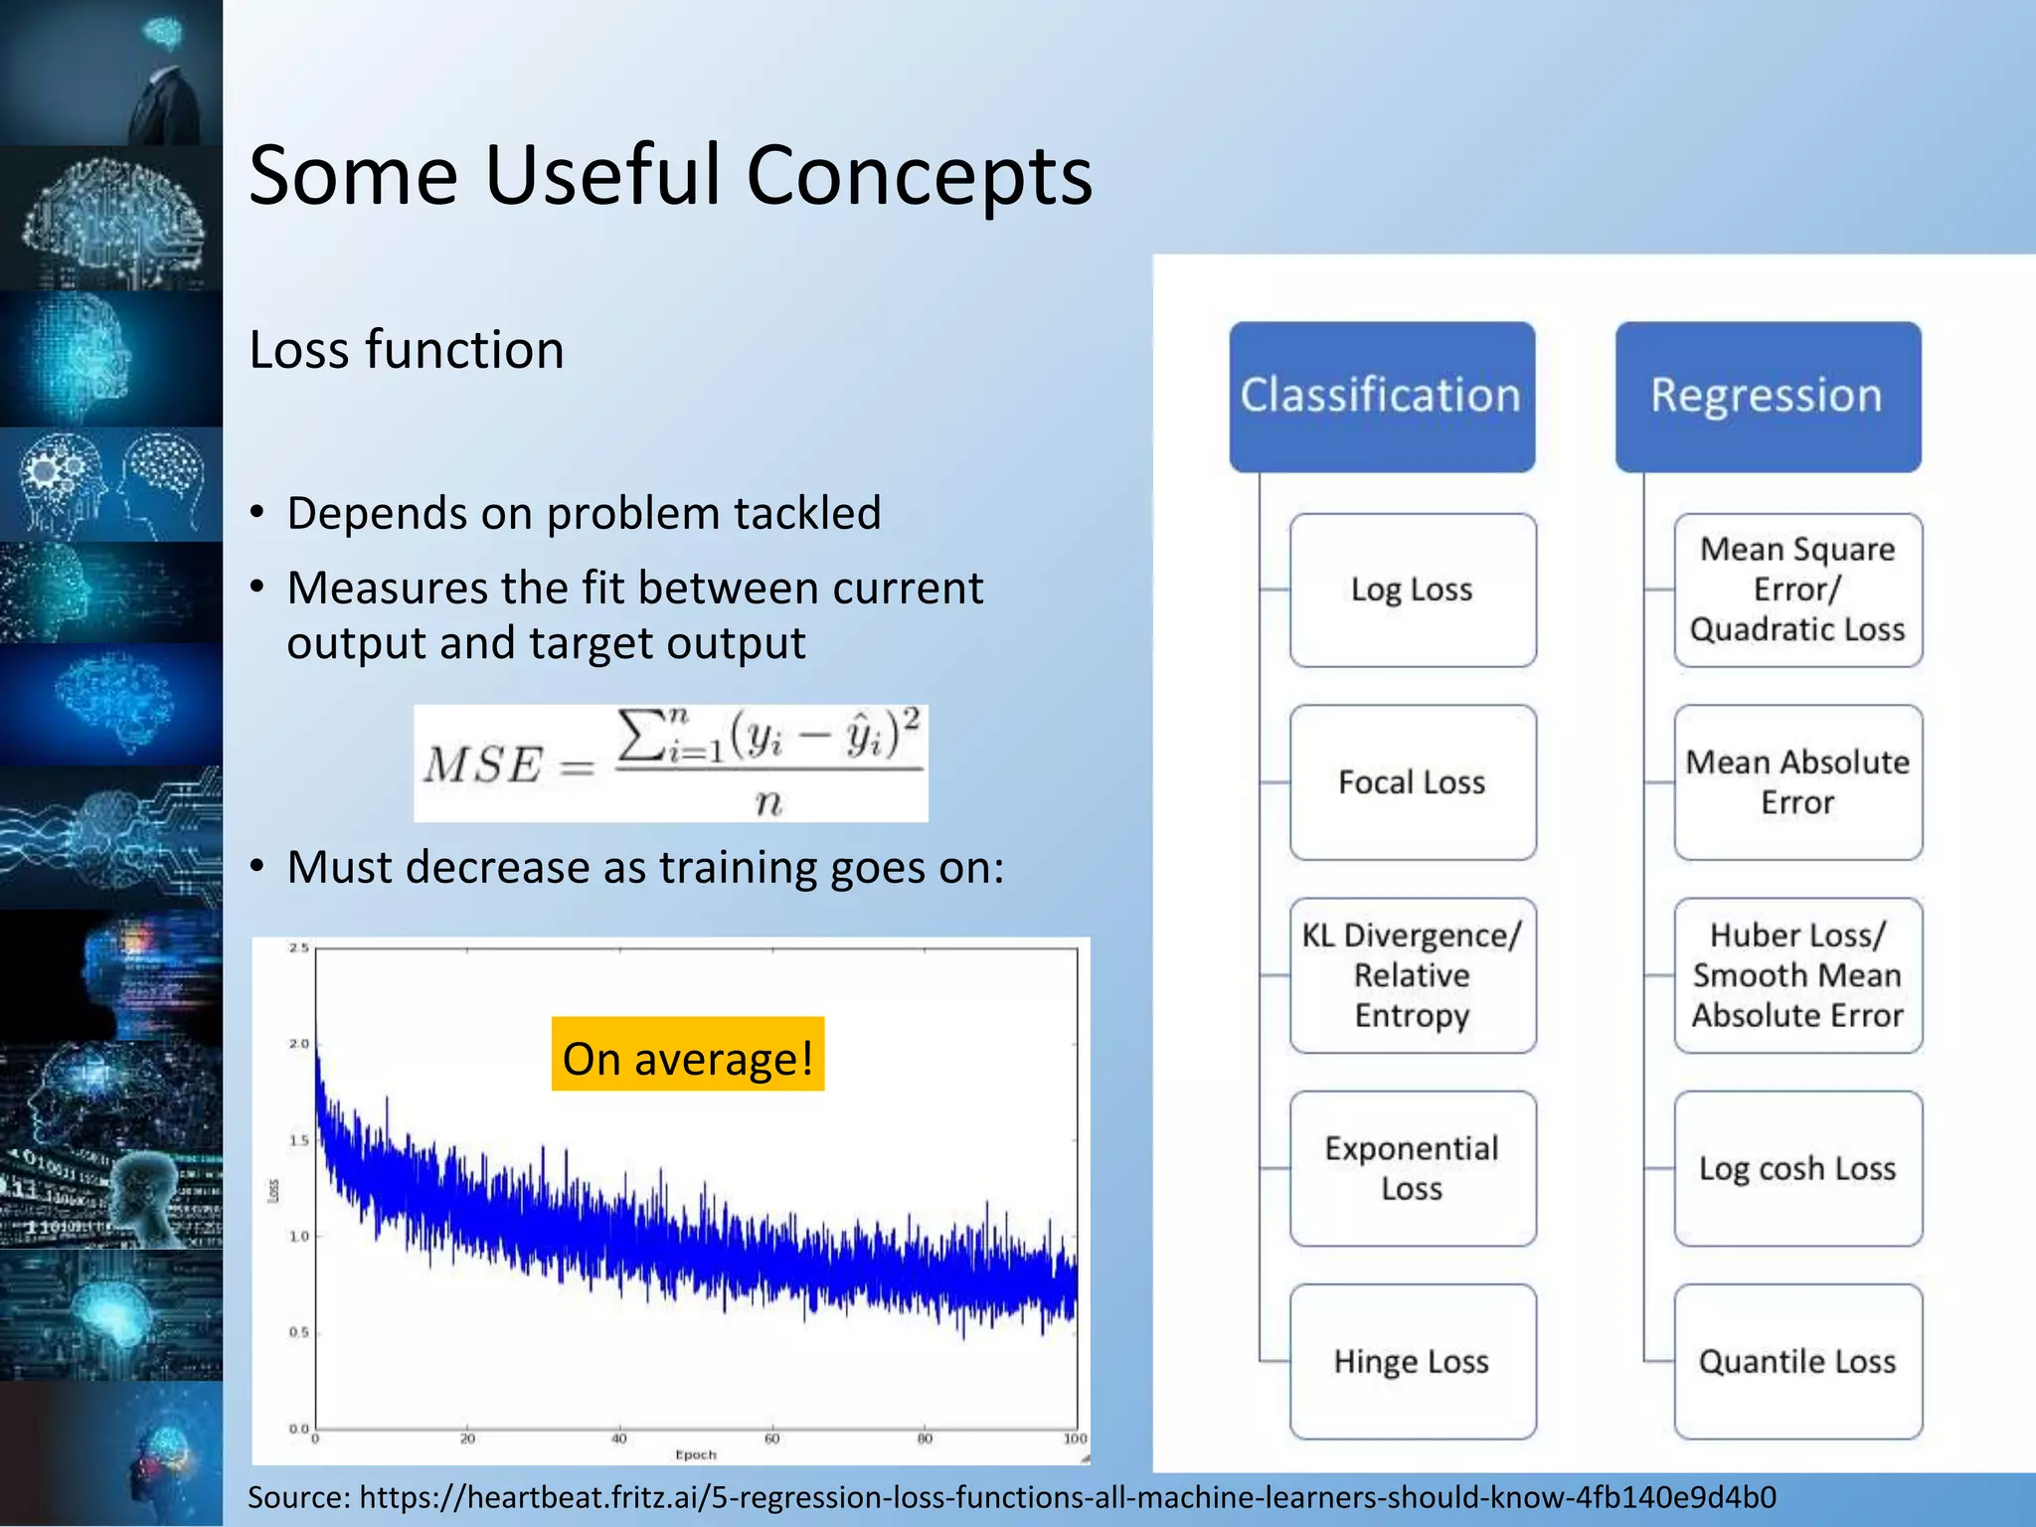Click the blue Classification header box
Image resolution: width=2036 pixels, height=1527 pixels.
[x=1381, y=396]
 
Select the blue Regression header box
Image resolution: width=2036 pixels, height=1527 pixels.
[x=1767, y=396]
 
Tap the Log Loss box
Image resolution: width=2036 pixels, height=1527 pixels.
[x=1412, y=590]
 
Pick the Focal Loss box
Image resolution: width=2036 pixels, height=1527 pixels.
[x=1412, y=782]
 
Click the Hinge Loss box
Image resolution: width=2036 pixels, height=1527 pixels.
[x=1412, y=1361]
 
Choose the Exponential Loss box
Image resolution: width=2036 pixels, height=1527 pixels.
[x=1412, y=1168]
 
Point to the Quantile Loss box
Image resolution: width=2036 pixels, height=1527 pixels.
[x=1797, y=1361]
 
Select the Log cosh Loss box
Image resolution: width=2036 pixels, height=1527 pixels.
[x=1797, y=1168]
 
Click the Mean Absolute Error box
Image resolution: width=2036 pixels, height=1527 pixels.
[x=1797, y=782]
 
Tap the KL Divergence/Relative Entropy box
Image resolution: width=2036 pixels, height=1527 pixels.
[x=1412, y=975]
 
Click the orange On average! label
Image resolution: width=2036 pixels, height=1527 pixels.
[x=688, y=1057]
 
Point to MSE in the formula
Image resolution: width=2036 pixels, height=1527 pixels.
[x=483, y=765]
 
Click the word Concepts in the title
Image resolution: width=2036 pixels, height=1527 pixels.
[x=920, y=176]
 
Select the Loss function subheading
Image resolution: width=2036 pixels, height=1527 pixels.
[x=407, y=350]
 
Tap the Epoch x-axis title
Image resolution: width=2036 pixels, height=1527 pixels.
[x=696, y=1454]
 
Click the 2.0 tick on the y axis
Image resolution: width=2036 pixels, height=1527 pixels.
[x=298, y=1044]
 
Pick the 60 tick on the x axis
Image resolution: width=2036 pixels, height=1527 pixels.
[x=772, y=1439]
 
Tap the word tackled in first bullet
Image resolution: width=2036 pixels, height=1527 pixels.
[x=806, y=514]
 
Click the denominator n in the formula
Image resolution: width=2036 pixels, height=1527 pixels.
[x=768, y=801]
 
